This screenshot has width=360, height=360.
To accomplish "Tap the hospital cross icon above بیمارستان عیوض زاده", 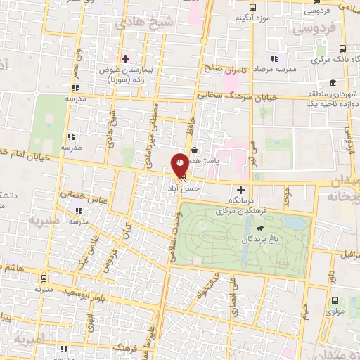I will (x=125, y=58).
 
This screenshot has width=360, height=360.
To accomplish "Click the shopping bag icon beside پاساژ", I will (x=194, y=150).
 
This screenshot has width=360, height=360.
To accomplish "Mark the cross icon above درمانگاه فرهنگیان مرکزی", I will (x=241, y=189).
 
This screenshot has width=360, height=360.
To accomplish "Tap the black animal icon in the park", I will (x=260, y=229).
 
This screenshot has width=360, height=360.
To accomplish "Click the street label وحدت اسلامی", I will (x=172, y=236).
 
